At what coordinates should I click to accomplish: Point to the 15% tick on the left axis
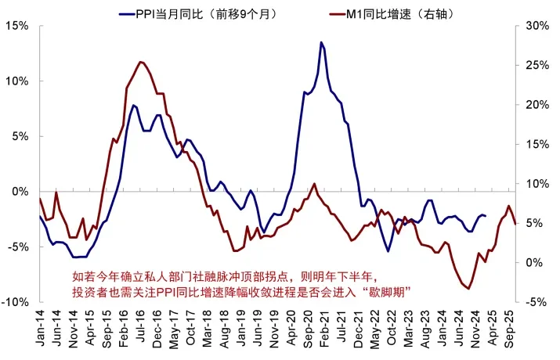tap(16, 26)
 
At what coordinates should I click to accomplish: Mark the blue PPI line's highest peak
tap(321, 42)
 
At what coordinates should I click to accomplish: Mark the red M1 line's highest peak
tap(140, 62)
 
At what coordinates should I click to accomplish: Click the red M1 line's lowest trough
tap(468, 289)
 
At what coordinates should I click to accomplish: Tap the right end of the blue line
tap(486, 215)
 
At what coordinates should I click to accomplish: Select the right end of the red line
tap(515, 224)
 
